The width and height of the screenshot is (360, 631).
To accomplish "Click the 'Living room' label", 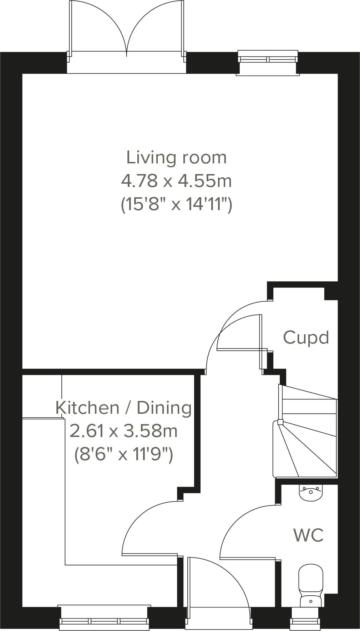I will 176,158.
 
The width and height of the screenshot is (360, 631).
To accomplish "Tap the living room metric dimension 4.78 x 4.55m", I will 176,181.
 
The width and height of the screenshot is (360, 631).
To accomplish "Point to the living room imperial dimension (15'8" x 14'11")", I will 176,205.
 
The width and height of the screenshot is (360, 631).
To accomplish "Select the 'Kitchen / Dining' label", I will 123,408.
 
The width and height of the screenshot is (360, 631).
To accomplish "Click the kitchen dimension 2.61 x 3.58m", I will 123,431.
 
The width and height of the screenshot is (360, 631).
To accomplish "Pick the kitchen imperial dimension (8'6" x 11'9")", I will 123,454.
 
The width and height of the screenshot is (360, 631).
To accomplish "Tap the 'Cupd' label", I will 306,337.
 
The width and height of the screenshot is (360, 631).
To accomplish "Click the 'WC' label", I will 308,535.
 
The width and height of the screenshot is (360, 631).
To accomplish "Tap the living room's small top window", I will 268,59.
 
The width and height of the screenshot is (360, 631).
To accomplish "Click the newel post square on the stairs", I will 280,423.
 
